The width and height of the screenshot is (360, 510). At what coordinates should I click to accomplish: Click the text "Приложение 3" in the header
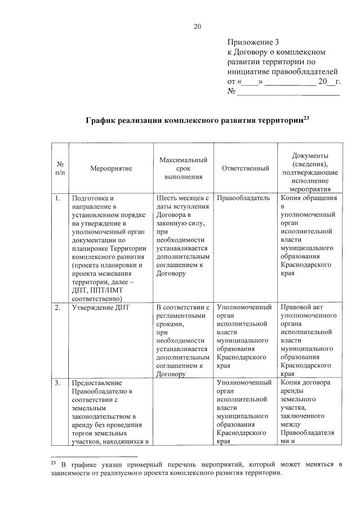pyautogui.click(x=253, y=42)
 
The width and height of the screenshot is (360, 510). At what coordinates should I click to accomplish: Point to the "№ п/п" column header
pyautogui.click(x=60, y=168)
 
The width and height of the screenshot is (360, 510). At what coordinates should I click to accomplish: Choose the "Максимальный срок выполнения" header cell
pyautogui.click(x=183, y=168)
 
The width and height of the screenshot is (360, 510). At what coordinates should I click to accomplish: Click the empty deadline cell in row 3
pyautogui.click(x=183, y=411)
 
